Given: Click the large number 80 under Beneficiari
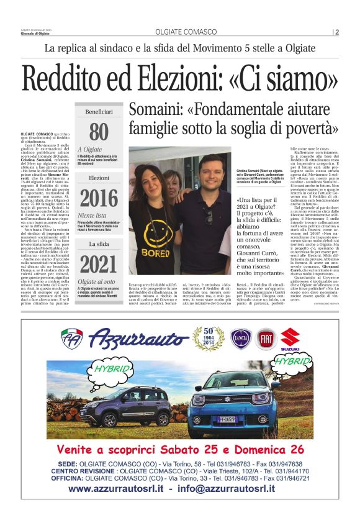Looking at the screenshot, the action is click(x=99, y=132).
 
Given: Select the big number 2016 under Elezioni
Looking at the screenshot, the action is click(x=99, y=198).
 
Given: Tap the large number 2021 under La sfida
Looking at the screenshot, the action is click(x=99, y=264).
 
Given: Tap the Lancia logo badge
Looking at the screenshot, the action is click(x=241, y=339).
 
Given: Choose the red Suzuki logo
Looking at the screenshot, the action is click(x=290, y=339).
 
